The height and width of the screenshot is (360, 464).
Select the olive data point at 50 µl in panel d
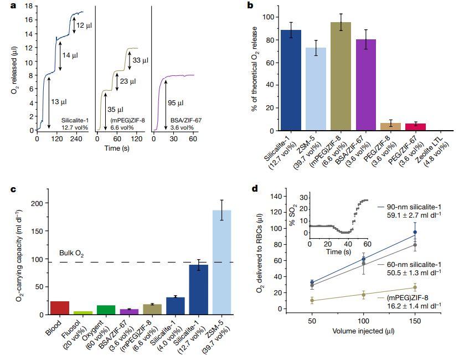click(312, 301)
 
